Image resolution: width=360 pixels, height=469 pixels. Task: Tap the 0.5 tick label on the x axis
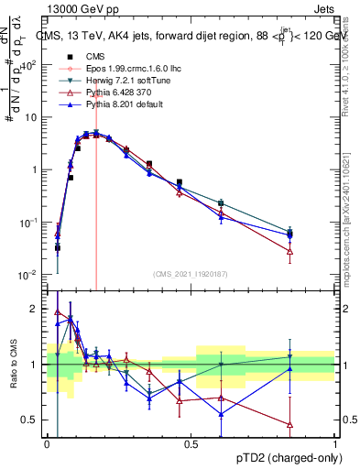pos(191,444)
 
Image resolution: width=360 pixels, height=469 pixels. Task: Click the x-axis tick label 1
pos(335,444)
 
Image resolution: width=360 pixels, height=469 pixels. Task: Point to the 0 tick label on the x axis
pos(48,444)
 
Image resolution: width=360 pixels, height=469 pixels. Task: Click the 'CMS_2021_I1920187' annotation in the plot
pos(191,272)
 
